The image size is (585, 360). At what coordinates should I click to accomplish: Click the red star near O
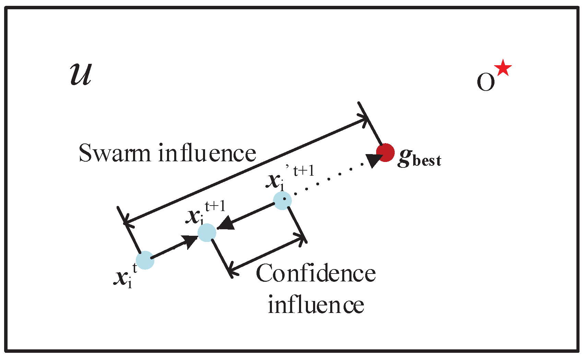click(x=503, y=68)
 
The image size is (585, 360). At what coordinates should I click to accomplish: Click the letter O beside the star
click(x=486, y=82)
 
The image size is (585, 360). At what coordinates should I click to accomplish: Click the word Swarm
click(x=115, y=153)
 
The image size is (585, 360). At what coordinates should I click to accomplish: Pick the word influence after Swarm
click(x=207, y=153)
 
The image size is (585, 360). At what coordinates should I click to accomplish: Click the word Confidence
click(x=315, y=274)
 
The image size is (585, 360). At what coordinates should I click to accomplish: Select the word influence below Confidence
click(x=315, y=305)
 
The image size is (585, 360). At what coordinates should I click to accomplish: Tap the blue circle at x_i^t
click(x=145, y=260)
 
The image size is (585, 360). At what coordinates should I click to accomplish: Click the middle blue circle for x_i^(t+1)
click(x=207, y=233)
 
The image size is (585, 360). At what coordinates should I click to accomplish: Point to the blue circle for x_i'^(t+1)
click(x=282, y=201)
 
